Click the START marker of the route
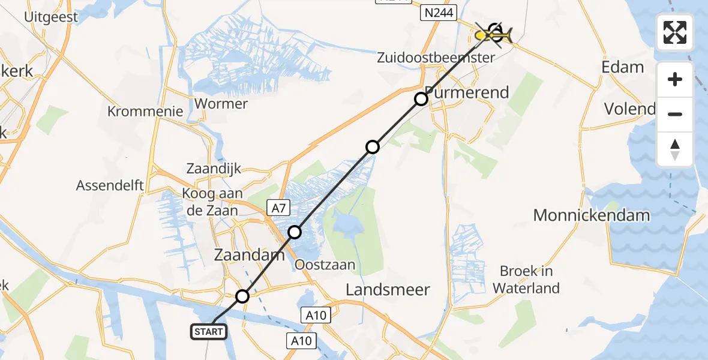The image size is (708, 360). coord(209,331)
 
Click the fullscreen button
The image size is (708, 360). coord(675,32)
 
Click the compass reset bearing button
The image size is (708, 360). coord(675,149)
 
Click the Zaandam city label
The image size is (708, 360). coord(250,255)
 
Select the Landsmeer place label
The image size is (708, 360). coord(388,290)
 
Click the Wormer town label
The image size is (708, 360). coord(221,104)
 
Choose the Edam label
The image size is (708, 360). coord(623,67)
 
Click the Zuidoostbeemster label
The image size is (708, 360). coord(436,58)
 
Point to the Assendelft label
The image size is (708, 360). coord(110,185)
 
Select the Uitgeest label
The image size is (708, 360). coord(51,17)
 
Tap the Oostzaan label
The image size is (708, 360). coord(325,265)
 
